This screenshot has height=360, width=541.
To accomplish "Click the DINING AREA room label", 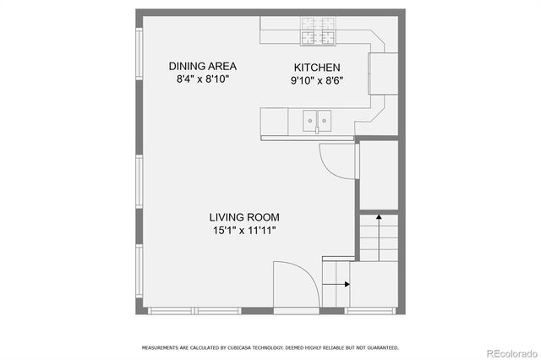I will coord(202,66).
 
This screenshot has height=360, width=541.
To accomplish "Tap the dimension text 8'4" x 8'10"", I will coord(202,79).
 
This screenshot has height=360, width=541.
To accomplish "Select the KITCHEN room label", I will coord(317,68).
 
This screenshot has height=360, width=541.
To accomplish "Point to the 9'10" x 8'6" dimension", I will coord(317,81).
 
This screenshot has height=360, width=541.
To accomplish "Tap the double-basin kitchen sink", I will coord(318,122).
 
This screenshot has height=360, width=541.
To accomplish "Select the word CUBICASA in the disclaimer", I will coord(226,347).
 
